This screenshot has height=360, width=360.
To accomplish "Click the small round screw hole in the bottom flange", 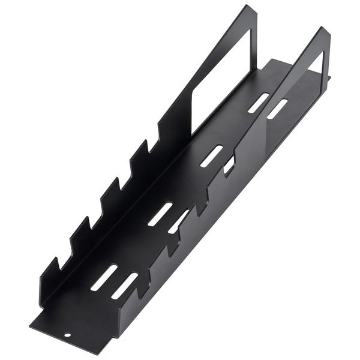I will [x=68, y=335].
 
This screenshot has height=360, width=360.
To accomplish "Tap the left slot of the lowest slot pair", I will [x=104, y=278].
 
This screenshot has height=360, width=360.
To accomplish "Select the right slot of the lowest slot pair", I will [x=124, y=286].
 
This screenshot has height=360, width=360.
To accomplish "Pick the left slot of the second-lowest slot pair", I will [x=160, y=214].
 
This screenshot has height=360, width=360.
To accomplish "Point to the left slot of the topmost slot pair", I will [x=258, y=103].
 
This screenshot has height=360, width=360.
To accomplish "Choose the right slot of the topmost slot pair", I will [x=277, y=108].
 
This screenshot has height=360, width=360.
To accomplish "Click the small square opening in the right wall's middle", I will [x=229, y=166].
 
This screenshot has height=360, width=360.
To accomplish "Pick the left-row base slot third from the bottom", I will [x=211, y=155].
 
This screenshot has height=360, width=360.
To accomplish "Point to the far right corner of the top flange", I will [x=330, y=77].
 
